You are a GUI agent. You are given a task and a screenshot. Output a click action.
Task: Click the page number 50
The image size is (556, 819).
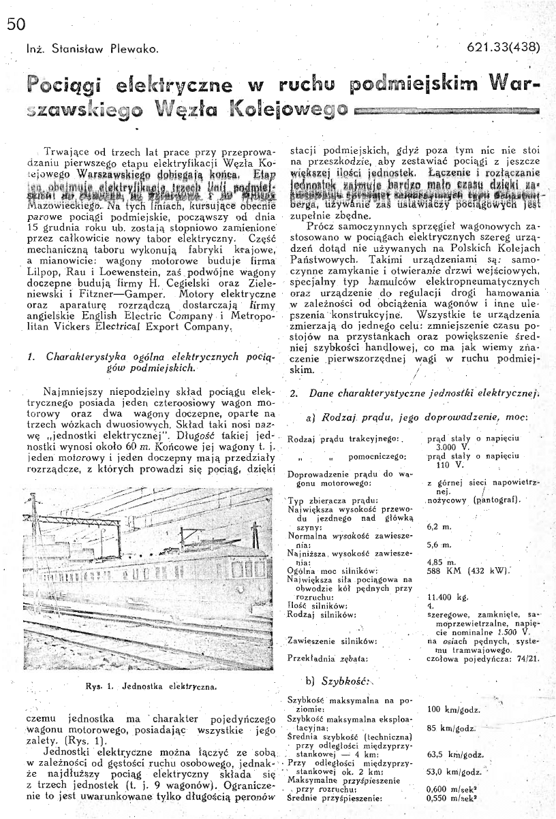click(x=14, y=25)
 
